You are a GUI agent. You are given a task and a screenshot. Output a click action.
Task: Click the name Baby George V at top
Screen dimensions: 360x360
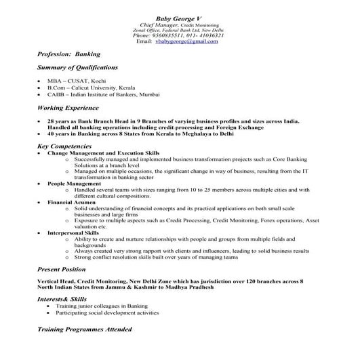click(180, 18)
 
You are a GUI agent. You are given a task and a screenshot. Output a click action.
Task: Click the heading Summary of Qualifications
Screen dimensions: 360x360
click(78, 68)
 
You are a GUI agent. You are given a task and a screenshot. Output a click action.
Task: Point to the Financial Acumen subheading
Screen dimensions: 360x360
click(73, 202)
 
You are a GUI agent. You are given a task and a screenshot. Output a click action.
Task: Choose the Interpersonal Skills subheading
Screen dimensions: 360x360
click(78, 233)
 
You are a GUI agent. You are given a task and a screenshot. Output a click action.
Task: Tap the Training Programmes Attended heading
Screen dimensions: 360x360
click(85, 329)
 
